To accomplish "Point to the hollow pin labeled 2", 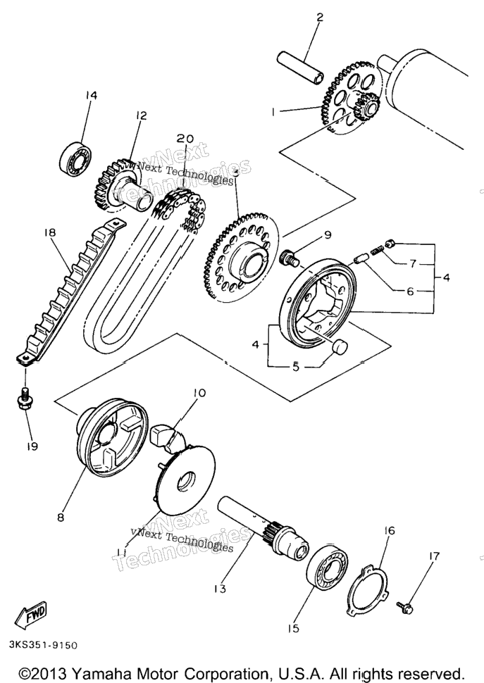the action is [300, 65].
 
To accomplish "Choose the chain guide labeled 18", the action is [66, 291].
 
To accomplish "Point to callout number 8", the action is [61, 517].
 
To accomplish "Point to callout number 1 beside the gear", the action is [273, 112].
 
